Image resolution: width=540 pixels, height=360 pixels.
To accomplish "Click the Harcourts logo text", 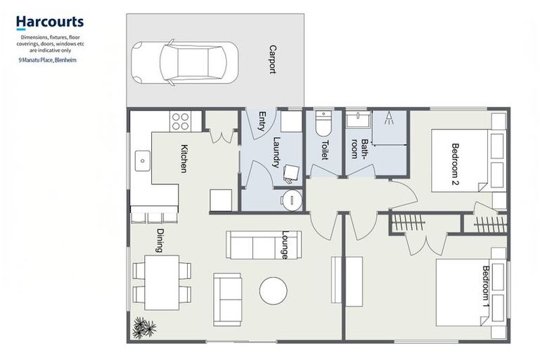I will tap(49, 22).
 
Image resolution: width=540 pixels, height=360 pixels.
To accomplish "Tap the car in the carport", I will tap(185, 61).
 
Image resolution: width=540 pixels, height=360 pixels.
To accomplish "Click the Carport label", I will tap(272, 60).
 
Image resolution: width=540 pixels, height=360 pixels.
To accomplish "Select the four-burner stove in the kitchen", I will tap(180, 121).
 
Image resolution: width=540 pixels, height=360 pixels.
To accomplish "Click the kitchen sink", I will tap(142, 160).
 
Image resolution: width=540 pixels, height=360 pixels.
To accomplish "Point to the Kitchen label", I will tap(184, 158).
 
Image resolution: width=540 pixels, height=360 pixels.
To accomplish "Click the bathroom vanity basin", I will tap(357, 120).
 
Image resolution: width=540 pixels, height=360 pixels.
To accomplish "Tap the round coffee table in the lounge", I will tap(273, 290).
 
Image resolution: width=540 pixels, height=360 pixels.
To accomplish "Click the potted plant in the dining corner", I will tap(143, 327).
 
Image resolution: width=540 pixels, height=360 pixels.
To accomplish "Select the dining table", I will tap(162, 282).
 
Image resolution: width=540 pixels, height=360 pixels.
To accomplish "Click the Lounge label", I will tap(285, 245).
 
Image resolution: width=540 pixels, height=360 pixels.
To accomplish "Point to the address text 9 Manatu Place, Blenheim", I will tap(48, 60).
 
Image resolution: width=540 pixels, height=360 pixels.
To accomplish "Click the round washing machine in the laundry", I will tap(290, 200).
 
